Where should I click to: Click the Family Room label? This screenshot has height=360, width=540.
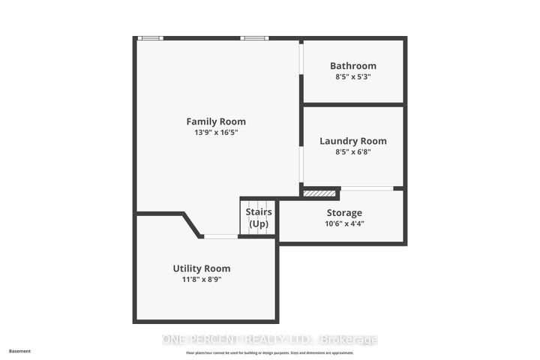[x=216, y=121]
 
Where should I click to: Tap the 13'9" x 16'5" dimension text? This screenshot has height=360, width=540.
[x=216, y=133]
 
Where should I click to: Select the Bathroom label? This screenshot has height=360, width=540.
[x=352, y=66]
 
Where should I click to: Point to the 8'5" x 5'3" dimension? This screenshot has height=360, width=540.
[x=352, y=76]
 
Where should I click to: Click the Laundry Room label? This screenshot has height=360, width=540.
[x=352, y=141]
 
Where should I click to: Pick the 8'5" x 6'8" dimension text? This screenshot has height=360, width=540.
[x=352, y=151]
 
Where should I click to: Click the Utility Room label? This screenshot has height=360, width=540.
[x=201, y=268]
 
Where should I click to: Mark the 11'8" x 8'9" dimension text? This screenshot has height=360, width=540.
[x=201, y=280]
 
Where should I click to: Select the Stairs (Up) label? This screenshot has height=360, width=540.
[x=259, y=217]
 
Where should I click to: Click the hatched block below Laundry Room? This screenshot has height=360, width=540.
[x=319, y=193]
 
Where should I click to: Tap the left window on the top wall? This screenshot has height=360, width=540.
[x=151, y=37]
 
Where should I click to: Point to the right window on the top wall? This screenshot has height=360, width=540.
[x=253, y=37]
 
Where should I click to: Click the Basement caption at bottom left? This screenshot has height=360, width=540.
[x=20, y=350]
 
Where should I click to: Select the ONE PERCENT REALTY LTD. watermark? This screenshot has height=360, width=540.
[x=270, y=340]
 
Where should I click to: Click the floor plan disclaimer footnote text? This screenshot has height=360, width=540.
[x=270, y=352]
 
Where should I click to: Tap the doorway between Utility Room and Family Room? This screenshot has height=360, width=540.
[x=221, y=237]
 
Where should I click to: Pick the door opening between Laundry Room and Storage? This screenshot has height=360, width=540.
[x=366, y=188]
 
